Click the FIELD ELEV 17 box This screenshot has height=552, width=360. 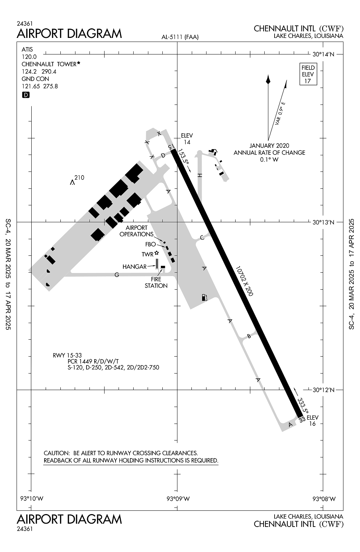point(308,74)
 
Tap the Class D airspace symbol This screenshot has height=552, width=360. point(26,95)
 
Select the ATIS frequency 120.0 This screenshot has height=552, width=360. point(29,57)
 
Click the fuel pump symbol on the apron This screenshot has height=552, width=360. point(204,297)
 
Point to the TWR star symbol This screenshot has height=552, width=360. point(156,253)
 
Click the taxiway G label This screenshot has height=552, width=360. point(117,275)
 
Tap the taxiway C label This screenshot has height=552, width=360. point(202,238)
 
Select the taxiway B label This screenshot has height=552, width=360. point(249,336)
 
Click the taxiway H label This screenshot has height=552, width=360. point(200,175)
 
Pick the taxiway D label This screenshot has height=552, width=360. point(163,156)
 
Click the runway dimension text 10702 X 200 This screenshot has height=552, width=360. point(244,281)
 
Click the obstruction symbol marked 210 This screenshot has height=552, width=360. point(72,183)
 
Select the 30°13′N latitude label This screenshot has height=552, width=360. point(323,222)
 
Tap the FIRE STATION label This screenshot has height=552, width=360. point(156,282)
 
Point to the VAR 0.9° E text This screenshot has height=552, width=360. point(280,113)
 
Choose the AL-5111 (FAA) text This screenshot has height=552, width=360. point(180,37)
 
